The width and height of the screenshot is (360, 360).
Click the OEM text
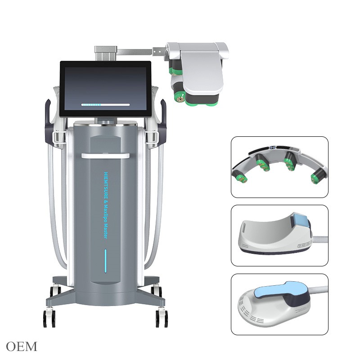[x=22, y=346]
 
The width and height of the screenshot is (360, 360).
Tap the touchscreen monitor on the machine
[x=105, y=86]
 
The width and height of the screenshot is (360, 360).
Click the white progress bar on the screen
[x=105, y=104]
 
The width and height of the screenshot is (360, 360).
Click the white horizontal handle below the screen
[x=105, y=155]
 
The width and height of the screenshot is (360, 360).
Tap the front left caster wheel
[x=48, y=318]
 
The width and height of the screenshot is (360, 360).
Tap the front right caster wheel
[x=162, y=318]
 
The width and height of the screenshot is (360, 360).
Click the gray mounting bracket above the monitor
[x=105, y=52]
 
